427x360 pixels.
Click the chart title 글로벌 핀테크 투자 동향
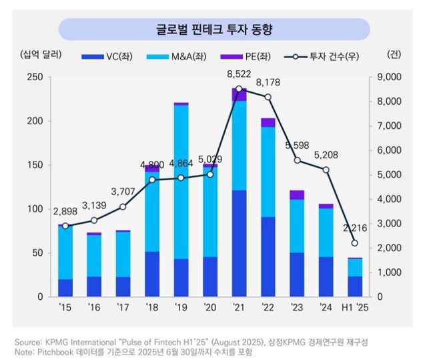pos(214,30)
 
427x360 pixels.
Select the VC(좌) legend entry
pos(108,56)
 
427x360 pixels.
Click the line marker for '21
pos(239,89)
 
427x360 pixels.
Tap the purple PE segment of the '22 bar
pos(268,122)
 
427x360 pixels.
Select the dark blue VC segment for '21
pos(239,243)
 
